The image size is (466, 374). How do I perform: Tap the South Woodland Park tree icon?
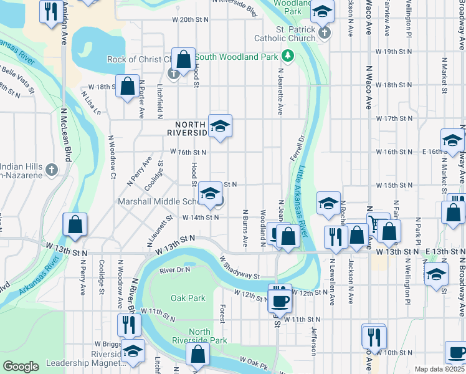click(288, 56)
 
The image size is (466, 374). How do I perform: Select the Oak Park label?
click(188, 298)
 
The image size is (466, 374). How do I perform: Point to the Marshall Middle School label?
click(158, 201)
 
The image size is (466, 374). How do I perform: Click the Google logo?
click(21, 367)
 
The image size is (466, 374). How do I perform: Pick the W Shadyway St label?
click(239, 267)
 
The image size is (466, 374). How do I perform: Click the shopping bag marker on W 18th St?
click(128, 88)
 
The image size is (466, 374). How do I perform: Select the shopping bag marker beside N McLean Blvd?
click(75, 226)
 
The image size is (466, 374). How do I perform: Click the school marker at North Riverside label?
click(219, 127)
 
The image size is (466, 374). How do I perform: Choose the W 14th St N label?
click(201, 218)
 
